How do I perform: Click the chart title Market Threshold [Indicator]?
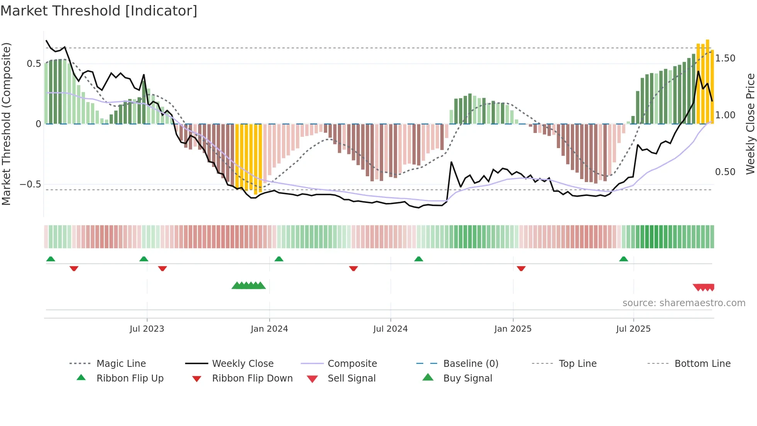99,11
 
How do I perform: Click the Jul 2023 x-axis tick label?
147,329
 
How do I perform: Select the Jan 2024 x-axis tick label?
269,329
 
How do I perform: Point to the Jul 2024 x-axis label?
390,329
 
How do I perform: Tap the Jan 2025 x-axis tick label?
513,329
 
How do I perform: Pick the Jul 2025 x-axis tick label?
633,329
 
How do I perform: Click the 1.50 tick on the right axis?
725,58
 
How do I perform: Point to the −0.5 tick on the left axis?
31,184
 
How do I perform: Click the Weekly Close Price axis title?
750,124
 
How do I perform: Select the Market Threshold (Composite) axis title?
6,124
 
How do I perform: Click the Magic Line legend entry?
121,364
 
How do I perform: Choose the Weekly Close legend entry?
243,364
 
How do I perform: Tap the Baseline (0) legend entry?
470,364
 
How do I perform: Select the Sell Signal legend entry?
351,378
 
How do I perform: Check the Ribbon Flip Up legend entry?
130,378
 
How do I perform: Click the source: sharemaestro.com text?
684,303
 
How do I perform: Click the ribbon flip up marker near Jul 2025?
623,259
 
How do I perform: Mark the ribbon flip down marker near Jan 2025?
521,268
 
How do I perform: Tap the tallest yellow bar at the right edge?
708,81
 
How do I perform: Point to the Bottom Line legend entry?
702,364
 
